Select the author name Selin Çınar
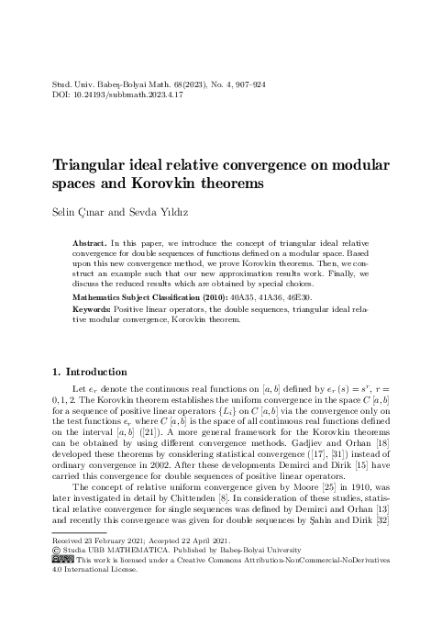click(x=74, y=213)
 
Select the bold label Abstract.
click(x=92, y=242)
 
